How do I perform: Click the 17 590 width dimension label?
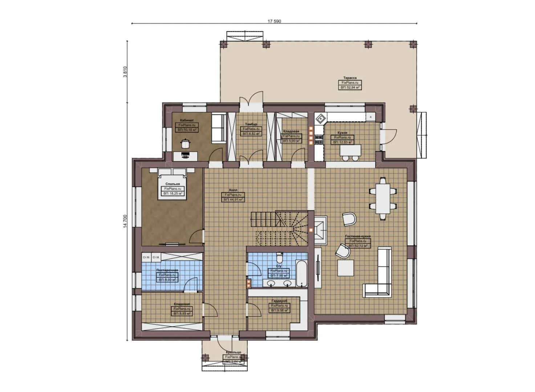274,21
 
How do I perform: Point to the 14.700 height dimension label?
125,221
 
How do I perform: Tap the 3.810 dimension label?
125,72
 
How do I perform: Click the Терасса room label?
350,78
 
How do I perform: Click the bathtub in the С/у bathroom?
301,273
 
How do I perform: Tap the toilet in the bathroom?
279,257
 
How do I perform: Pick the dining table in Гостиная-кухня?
383,199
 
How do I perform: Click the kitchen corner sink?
320,118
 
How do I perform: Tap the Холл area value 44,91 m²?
233,200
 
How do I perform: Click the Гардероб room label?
279,301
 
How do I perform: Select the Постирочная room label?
167,270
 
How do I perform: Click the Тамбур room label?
251,124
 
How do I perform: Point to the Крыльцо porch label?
233,352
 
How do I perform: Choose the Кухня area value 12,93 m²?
342,142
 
